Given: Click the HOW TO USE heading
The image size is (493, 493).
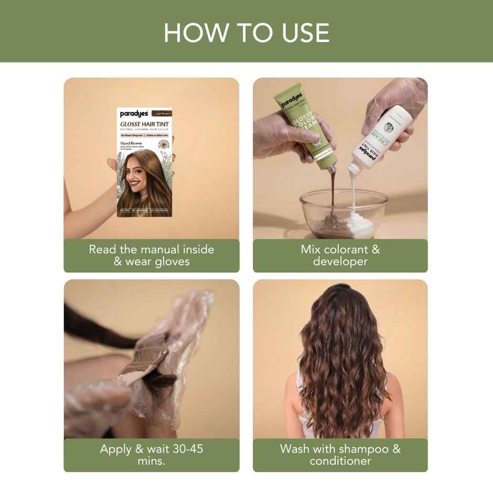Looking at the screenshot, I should point(246,33).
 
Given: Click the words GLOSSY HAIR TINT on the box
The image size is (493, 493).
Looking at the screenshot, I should point(144,124).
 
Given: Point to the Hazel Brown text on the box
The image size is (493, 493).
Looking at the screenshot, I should point(133,143).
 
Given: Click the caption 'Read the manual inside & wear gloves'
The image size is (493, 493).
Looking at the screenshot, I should point(151,255).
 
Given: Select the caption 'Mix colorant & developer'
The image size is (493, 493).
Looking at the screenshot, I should point(340,255).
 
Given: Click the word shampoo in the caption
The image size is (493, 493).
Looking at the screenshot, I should point(363,449).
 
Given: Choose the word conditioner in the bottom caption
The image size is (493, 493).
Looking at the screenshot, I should point(340,461).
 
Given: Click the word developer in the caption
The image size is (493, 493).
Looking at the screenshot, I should point(340,262).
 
